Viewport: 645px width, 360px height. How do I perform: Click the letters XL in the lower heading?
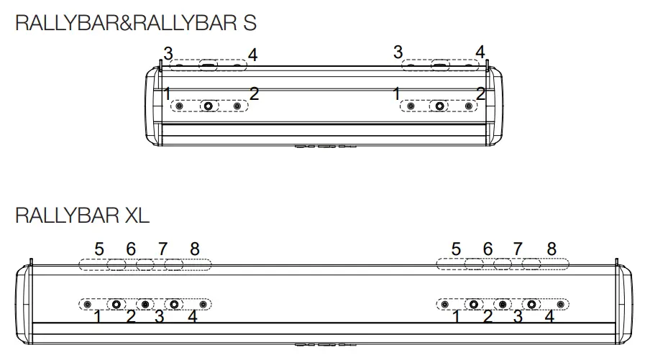[x=137, y=216]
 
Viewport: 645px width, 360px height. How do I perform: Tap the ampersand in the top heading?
[x=126, y=22]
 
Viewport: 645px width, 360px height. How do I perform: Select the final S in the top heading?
[x=250, y=22]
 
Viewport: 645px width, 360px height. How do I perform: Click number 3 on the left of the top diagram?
[x=168, y=54]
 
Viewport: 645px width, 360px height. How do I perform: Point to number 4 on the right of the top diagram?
[x=480, y=52]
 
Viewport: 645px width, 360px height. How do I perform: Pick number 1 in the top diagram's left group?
[x=167, y=93]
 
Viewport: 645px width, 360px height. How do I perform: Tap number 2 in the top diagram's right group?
[x=480, y=93]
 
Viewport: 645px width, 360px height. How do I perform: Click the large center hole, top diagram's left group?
[x=209, y=106]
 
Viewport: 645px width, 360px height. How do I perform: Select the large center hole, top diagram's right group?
[x=440, y=106]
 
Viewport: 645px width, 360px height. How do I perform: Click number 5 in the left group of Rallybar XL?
[x=99, y=249]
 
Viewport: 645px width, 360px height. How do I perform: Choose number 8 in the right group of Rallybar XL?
[x=552, y=249]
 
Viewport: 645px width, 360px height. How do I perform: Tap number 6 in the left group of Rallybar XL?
[x=131, y=249]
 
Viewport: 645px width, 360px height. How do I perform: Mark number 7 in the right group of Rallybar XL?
[x=518, y=249]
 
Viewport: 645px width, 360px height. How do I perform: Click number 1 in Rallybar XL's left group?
[x=98, y=317]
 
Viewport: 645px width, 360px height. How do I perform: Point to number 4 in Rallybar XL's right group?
[x=549, y=316]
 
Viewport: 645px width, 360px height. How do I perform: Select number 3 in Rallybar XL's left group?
[x=160, y=317]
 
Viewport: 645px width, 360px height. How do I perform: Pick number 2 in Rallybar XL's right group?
[x=488, y=317]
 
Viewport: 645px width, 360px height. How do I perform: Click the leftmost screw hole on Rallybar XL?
[x=87, y=305]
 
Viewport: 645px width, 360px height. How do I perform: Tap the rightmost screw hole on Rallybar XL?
[x=560, y=305]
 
